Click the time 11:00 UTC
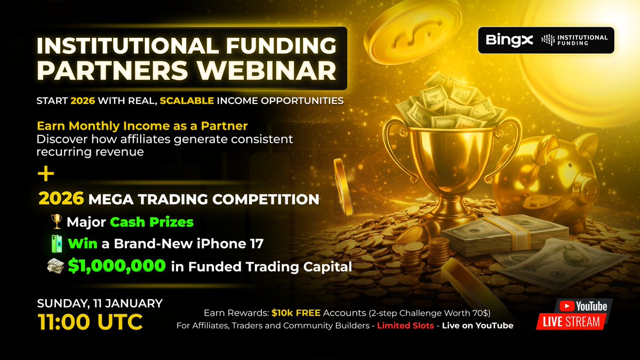90,322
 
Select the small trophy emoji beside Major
55,221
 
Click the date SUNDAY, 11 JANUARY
100,303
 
